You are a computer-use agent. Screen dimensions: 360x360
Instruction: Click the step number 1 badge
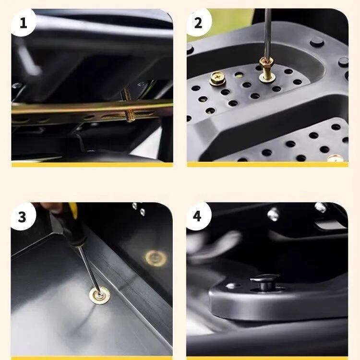(x=23, y=23)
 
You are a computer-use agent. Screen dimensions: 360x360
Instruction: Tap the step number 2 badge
(x=198, y=23)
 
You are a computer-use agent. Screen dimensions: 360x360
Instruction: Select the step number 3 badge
(x=23, y=216)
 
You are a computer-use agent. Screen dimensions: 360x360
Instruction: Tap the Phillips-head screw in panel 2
(x=217, y=78)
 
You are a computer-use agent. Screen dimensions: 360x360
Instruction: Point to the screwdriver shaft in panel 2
(x=267, y=33)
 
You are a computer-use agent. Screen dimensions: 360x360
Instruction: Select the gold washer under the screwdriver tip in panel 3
(x=99, y=295)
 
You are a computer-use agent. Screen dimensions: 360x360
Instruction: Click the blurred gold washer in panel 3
(x=156, y=258)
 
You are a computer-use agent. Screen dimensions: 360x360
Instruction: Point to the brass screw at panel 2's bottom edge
(x=336, y=158)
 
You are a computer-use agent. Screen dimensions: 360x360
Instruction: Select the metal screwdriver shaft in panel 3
(x=89, y=269)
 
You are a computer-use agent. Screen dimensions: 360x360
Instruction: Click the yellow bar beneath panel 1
(x=92, y=165)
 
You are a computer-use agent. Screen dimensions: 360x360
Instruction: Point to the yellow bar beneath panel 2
(x=267, y=165)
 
